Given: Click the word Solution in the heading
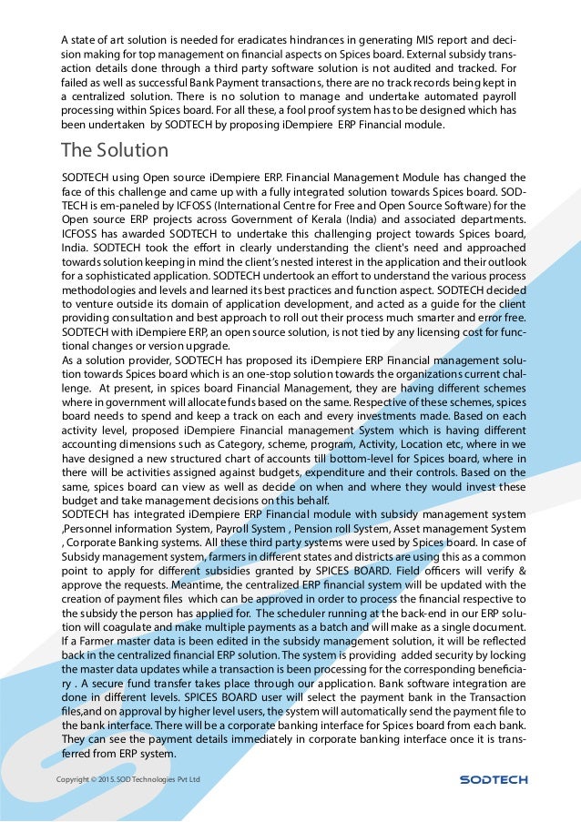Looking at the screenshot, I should point(131,149).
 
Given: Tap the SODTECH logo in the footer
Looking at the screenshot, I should point(493,779).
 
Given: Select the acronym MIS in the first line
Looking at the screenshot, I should point(439,40).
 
